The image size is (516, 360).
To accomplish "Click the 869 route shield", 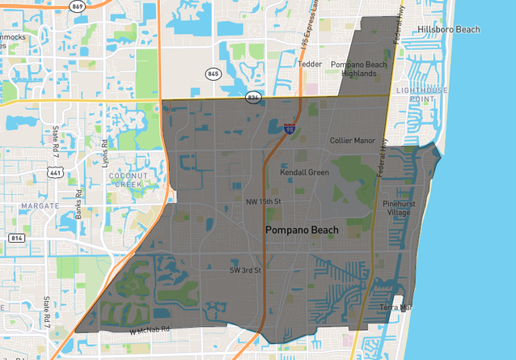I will pyautogui.click(x=78, y=6).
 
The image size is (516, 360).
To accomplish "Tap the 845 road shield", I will pyautogui.click(x=214, y=73).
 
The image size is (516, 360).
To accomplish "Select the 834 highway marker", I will pyautogui.click(x=254, y=97).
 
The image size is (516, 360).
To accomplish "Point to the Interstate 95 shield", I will pyautogui.click(x=290, y=128).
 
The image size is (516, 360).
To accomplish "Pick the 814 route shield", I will pyautogui.click(x=16, y=238).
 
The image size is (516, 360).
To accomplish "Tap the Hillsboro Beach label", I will pyautogui.click(x=449, y=30).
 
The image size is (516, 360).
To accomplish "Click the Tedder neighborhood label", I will pyautogui.click(x=310, y=63).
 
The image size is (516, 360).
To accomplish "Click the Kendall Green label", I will pyautogui.click(x=304, y=172).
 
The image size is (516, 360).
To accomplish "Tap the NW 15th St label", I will pyautogui.click(x=263, y=201).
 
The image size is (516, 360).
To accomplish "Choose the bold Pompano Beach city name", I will pyautogui.click(x=302, y=231).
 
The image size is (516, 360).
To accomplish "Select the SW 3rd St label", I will pyautogui.click(x=245, y=270).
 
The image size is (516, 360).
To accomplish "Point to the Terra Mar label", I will pyautogui.click(x=396, y=307).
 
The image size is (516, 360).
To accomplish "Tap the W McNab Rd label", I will pyautogui.click(x=150, y=329).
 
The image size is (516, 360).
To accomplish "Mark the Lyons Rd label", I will pyautogui.click(x=104, y=150).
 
